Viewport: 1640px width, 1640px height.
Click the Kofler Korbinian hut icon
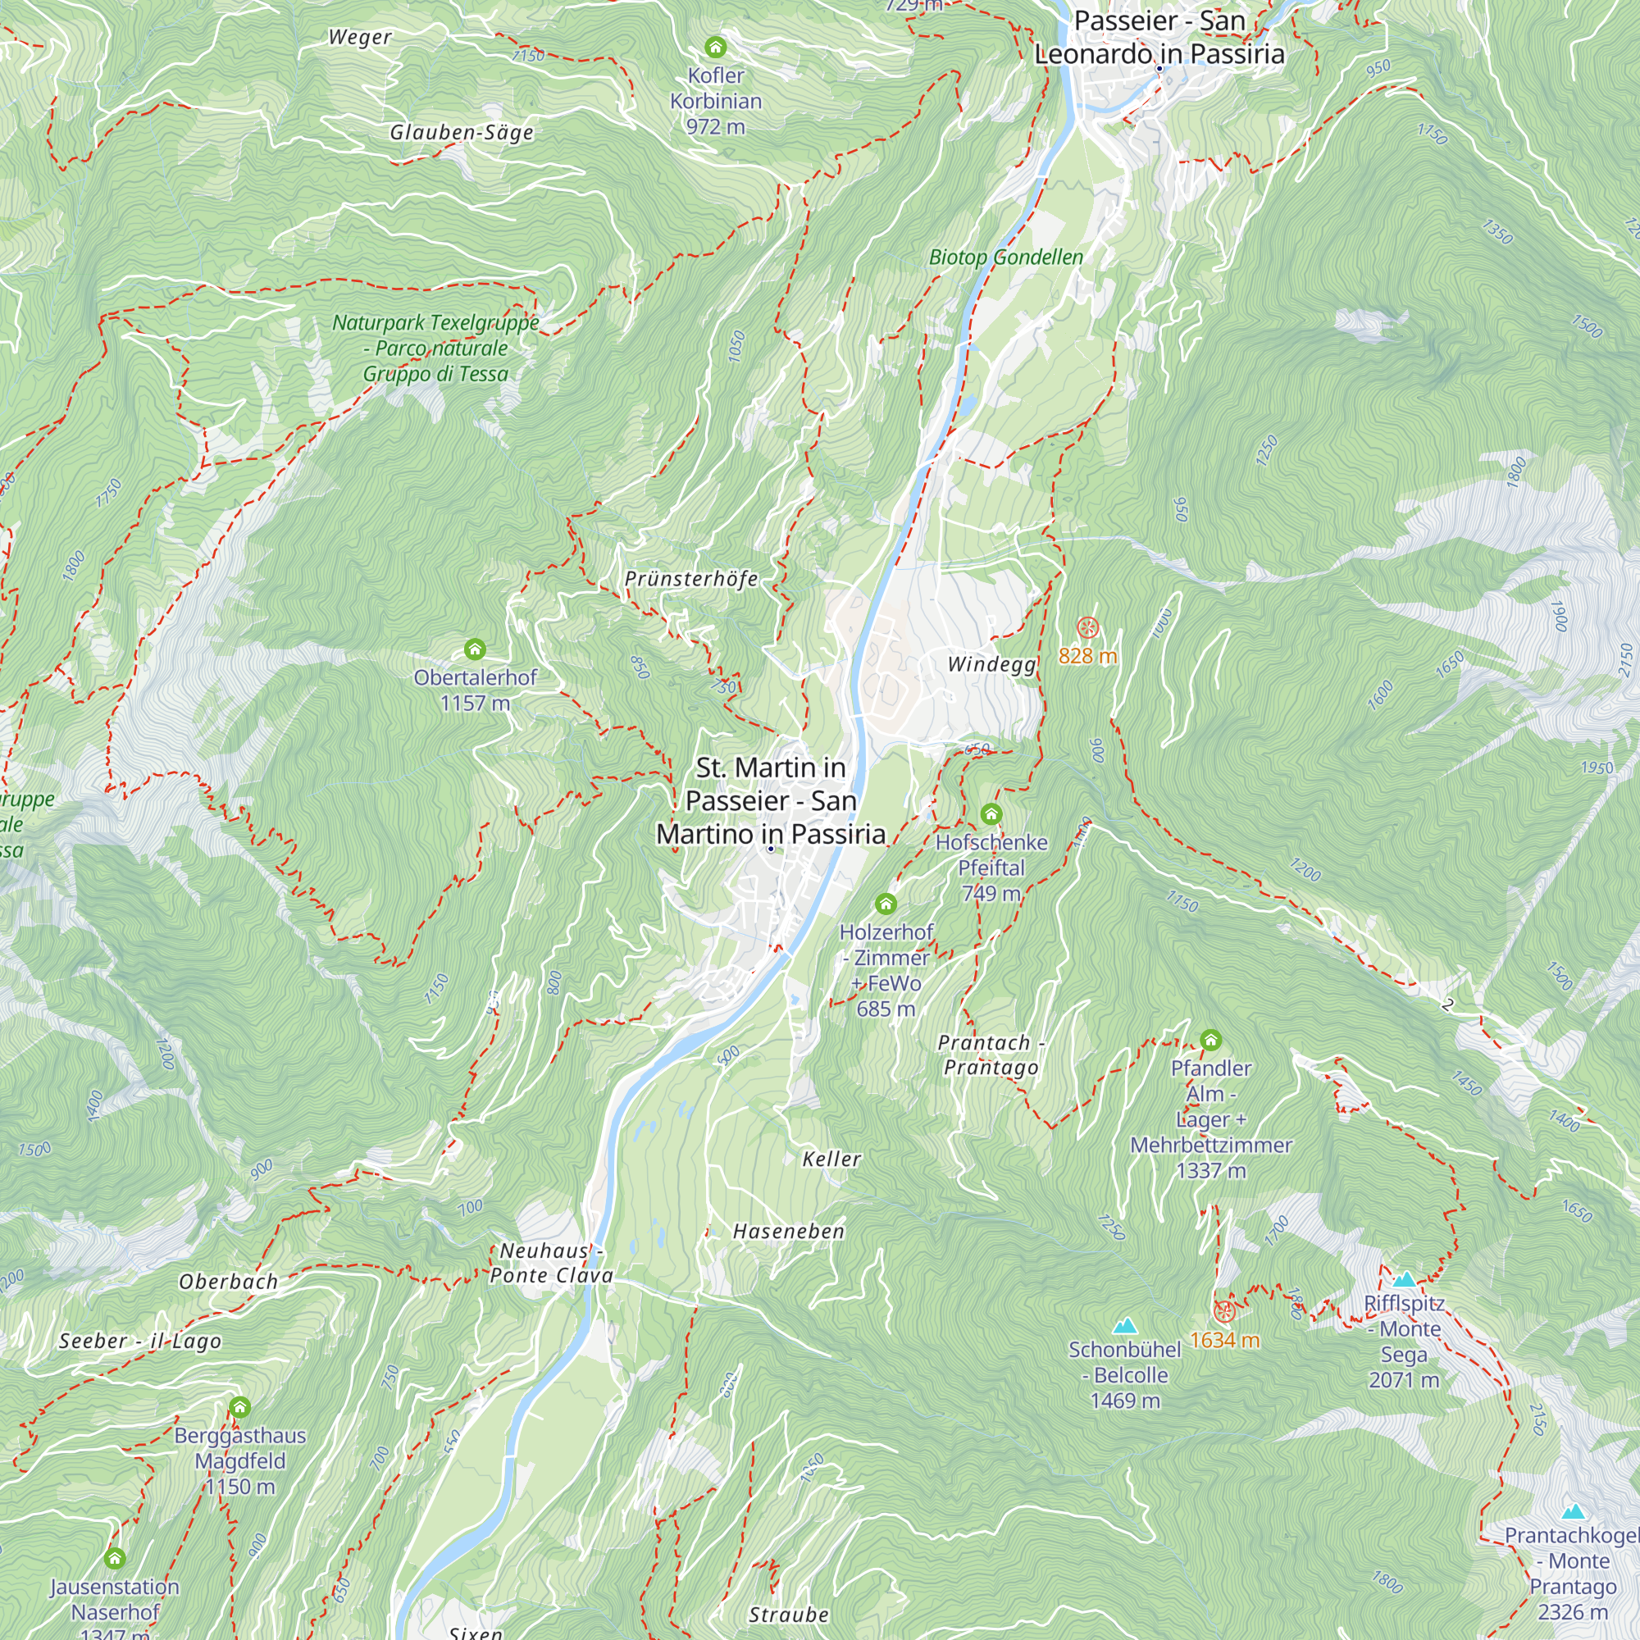tap(716, 47)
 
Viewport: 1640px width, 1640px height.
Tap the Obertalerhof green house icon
tap(475, 649)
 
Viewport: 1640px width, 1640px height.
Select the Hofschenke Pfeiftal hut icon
tap(991, 814)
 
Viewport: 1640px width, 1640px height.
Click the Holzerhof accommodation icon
tap(886, 903)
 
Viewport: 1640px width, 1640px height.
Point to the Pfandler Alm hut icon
tap(1210, 1040)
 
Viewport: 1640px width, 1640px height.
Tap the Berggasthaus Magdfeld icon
tap(239, 1407)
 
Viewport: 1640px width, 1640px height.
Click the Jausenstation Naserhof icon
tap(115, 1559)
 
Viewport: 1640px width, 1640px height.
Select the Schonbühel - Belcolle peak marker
tap(1125, 1326)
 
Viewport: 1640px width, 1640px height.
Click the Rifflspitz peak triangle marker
tap(1404, 1279)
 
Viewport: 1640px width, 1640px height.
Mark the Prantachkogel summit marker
tap(1573, 1511)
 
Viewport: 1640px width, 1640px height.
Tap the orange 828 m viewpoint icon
tap(1087, 628)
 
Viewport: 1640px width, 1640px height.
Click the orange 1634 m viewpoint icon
tap(1223, 1312)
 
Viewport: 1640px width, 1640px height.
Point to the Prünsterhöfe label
tap(691, 579)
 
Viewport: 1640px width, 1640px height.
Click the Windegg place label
tap(991, 664)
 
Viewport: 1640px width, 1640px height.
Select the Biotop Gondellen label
tap(1006, 257)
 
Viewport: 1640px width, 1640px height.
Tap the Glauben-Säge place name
tap(462, 132)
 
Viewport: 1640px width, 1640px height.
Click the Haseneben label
tap(789, 1231)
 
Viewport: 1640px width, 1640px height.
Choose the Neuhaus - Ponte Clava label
tap(552, 1263)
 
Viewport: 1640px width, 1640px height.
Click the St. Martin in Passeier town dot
tap(771, 849)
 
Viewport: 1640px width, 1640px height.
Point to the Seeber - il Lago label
tap(140, 1342)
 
